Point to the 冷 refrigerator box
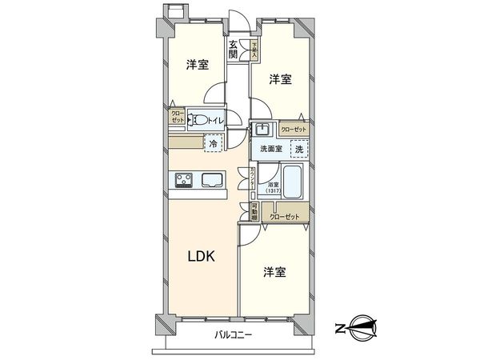213,143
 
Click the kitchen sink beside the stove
213,180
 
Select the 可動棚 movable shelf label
254,213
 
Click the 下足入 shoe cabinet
254,50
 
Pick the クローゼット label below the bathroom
286,216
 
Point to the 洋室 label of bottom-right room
274,273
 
